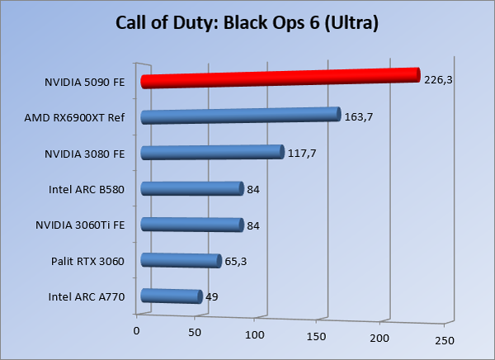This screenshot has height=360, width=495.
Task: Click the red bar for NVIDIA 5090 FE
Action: (x=280, y=78)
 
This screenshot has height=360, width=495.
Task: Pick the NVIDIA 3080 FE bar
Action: (x=212, y=152)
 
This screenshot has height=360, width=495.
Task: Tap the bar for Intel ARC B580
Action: (x=192, y=189)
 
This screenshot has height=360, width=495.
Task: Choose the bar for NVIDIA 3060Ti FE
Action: (x=192, y=225)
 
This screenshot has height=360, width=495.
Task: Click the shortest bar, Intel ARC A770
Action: (x=172, y=296)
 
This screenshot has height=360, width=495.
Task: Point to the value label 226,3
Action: (x=439, y=80)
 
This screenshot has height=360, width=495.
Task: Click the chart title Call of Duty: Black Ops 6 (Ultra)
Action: (x=247, y=22)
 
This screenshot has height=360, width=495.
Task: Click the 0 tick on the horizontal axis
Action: (x=137, y=330)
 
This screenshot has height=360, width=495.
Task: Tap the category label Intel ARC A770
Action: (x=86, y=297)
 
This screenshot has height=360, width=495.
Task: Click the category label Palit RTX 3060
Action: (x=87, y=262)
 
